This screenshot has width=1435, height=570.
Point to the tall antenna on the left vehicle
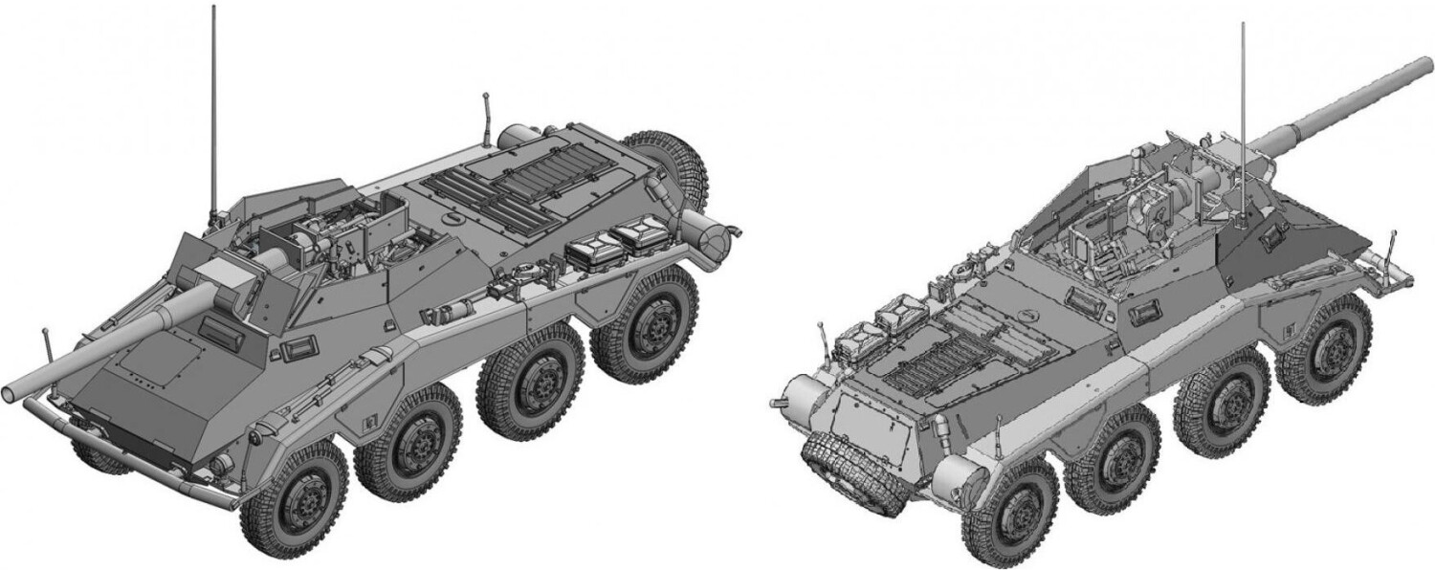(x=213, y=105)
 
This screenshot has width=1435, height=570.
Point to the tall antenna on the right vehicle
(x=1243, y=115)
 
